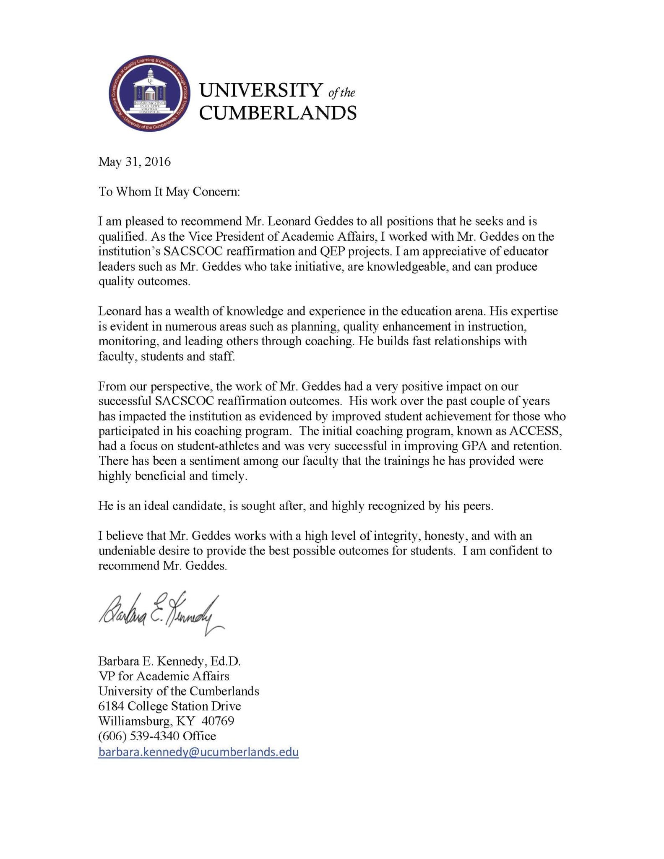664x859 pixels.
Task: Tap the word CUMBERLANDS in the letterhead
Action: pyautogui.click(x=277, y=113)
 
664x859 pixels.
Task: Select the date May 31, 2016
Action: pyautogui.click(x=135, y=162)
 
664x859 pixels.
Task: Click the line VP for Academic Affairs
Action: pyautogui.click(x=164, y=676)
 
